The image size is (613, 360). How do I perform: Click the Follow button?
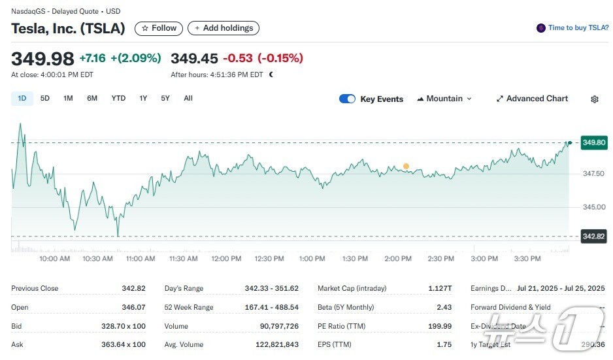coord(159,28)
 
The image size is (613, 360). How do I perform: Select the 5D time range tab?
coord(45,99)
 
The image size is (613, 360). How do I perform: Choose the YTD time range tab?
coord(118,99)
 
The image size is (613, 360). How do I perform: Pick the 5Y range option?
coord(165,99)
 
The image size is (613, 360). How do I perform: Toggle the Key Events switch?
coord(347,99)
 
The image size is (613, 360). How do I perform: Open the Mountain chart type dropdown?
coord(444,99)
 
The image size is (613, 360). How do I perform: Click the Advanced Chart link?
coord(532,99)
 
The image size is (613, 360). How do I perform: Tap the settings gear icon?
coord(595,99)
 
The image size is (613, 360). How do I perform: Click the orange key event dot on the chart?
coord(406,167)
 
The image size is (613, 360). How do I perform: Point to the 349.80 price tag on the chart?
coord(594,142)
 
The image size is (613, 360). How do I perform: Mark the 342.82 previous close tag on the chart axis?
coord(594,236)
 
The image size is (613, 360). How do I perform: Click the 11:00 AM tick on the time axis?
coord(141,259)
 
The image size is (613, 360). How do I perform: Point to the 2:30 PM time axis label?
coord(441,259)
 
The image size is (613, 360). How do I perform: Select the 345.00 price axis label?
coord(594,207)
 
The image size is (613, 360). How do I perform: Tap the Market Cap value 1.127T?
coord(439,288)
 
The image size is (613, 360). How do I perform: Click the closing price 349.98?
coord(42,59)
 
